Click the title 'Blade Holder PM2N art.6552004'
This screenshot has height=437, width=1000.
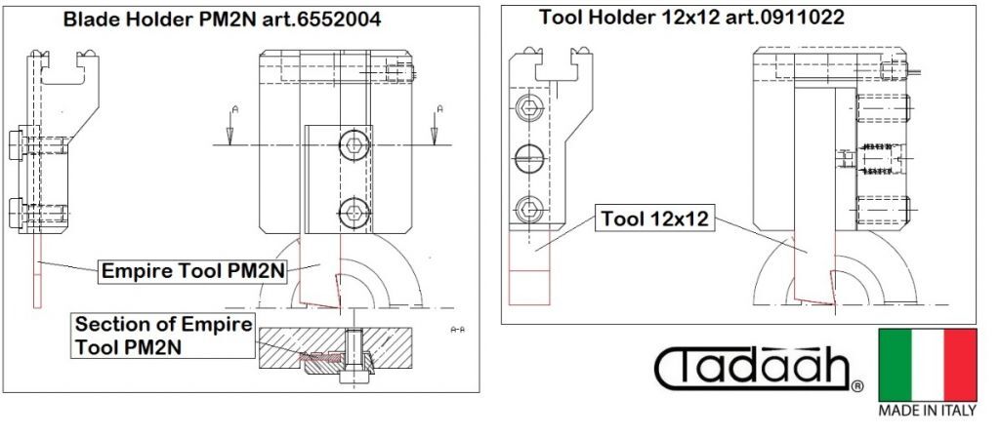point(222,20)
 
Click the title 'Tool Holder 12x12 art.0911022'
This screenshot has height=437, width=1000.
point(691,18)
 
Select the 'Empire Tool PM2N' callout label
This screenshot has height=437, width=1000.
point(192,271)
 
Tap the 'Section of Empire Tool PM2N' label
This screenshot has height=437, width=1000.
point(163,336)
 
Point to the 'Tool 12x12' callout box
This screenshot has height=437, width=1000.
point(654,219)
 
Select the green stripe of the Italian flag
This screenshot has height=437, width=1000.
point(895,365)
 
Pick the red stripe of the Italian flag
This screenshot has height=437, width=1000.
point(961,365)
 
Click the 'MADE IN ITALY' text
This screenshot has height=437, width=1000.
point(928,411)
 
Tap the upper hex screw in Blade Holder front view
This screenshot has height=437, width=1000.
point(354,144)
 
